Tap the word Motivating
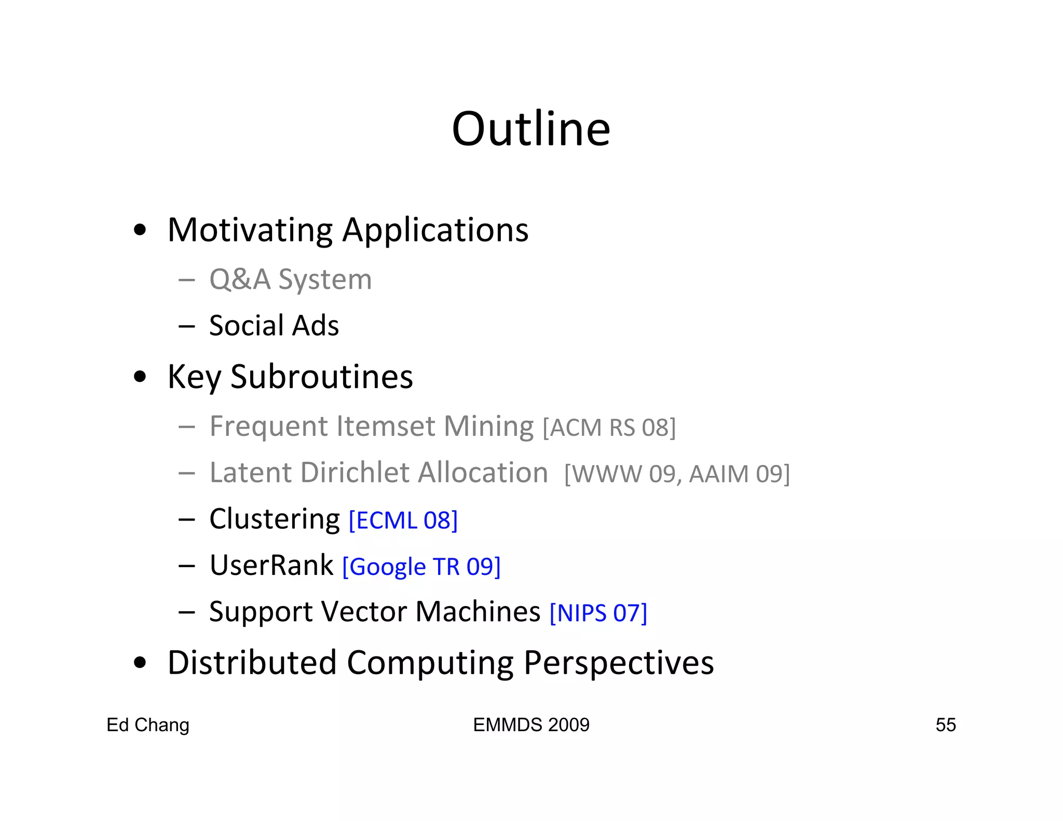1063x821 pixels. pos(250,230)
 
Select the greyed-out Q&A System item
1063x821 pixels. pos(290,280)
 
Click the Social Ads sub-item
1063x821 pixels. pos(274,326)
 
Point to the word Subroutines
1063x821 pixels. pos(322,377)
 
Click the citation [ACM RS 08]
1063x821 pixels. pos(609,428)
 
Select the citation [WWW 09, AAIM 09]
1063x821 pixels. pos(677,474)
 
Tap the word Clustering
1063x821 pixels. pos(275,519)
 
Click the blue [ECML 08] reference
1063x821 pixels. pos(403,521)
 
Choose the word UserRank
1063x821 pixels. pos(271,565)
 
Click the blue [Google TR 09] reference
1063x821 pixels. pos(421,567)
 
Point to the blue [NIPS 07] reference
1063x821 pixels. pos(598,613)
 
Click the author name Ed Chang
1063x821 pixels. pos(148,725)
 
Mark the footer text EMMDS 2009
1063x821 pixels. pos(531,725)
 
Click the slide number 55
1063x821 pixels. pos(945,725)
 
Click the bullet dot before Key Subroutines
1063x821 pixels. pos(140,377)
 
